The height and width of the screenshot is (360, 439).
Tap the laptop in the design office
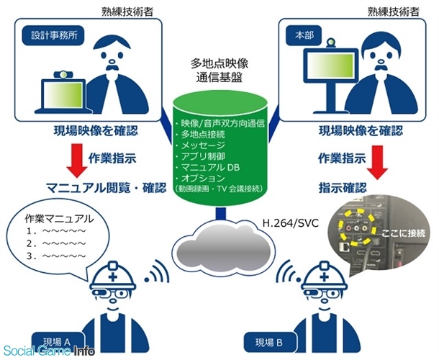coord(63,91)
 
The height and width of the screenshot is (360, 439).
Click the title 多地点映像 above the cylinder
coord(219,65)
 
